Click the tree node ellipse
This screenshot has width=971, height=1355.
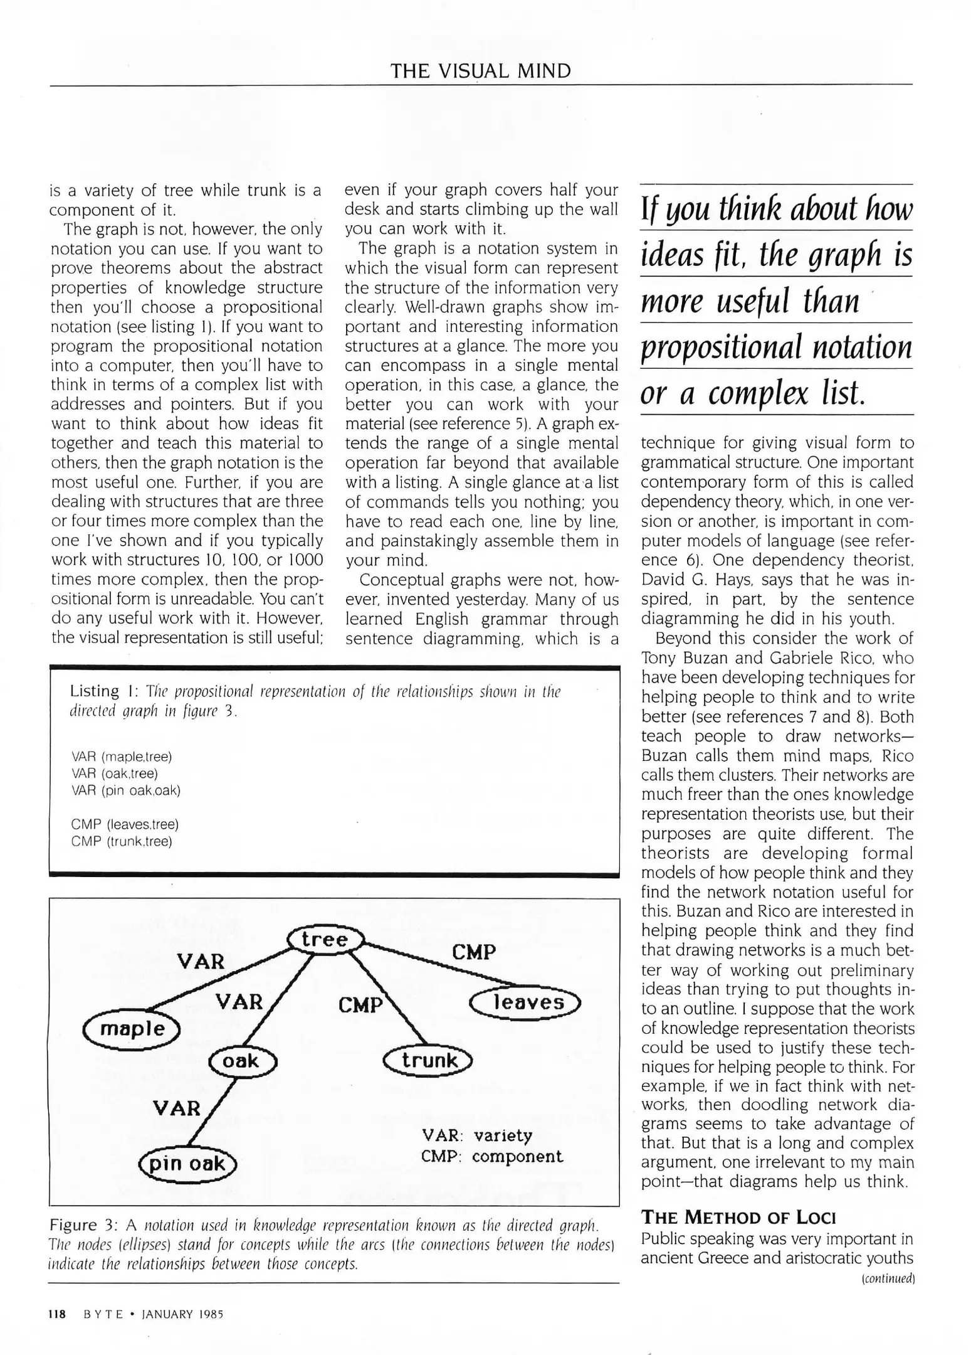[325, 940]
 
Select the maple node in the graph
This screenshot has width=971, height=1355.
[132, 1029]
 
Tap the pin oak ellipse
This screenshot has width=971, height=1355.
[187, 1164]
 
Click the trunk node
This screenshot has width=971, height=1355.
[428, 1060]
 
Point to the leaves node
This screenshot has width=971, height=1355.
[526, 1002]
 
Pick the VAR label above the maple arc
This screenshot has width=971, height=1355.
[200, 961]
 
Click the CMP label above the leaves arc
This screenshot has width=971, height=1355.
[473, 952]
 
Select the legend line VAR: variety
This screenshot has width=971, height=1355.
[477, 1135]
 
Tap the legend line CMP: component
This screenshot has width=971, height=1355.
[491, 1156]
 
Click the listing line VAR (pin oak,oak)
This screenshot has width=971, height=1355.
[126, 790]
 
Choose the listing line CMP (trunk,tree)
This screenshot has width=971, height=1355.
[122, 841]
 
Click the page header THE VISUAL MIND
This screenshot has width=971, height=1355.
[481, 71]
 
